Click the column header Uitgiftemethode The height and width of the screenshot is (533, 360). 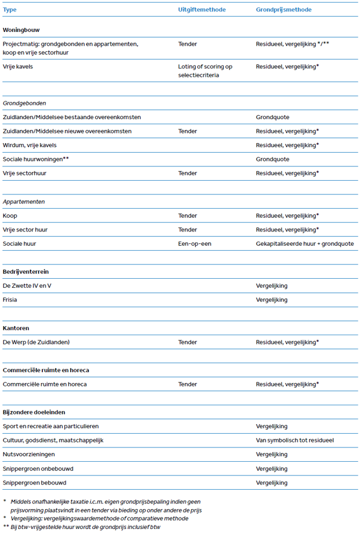tap(201, 10)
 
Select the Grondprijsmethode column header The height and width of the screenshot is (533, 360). tap(284, 10)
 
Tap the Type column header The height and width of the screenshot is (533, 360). tap(10, 10)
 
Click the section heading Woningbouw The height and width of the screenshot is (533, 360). tap(21, 29)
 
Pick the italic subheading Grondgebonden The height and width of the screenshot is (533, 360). tap(25, 103)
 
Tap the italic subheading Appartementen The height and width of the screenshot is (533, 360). tap(24, 202)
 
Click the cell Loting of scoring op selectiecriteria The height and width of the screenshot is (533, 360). tap(205, 71)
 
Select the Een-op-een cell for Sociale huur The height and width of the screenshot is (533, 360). tap(195, 243)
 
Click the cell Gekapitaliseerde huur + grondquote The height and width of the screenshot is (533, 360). tap(305, 243)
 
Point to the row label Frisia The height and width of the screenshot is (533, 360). tap(10, 299)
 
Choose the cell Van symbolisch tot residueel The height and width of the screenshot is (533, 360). tap(295, 440)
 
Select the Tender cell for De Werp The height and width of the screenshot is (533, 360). tap(188, 342)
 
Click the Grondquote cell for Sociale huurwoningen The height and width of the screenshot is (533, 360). tap(272, 159)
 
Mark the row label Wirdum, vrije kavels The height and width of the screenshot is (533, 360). tap(30, 145)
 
